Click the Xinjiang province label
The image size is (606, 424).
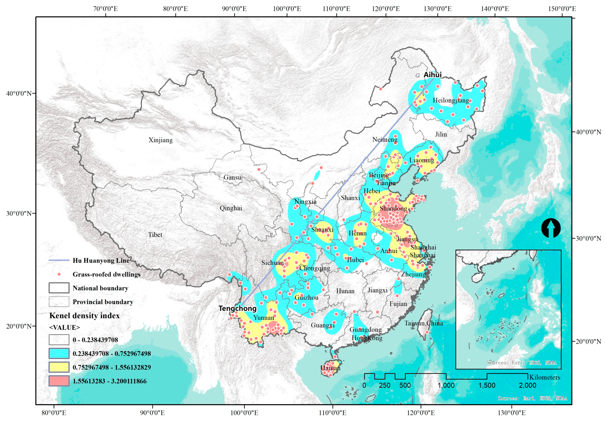tap(160, 140)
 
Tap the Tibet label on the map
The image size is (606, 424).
tap(155, 235)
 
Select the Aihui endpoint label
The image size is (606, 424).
tap(433, 75)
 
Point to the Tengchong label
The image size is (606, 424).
tap(237, 308)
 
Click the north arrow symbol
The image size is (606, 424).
tap(551, 228)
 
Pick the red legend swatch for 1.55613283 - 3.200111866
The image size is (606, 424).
tap(59, 381)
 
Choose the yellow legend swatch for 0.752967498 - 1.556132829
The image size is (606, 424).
tap(59, 367)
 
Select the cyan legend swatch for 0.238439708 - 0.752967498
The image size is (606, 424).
tap(59, 353)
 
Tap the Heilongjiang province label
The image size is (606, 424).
tap(451, 100)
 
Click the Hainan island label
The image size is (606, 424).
tap(331, 368)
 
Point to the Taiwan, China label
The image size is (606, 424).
tap(424, 323)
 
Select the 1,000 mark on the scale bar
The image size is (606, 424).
tap(446, 385)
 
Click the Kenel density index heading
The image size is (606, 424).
tap(84, 316)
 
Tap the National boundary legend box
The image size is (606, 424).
tap(59, 288)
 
